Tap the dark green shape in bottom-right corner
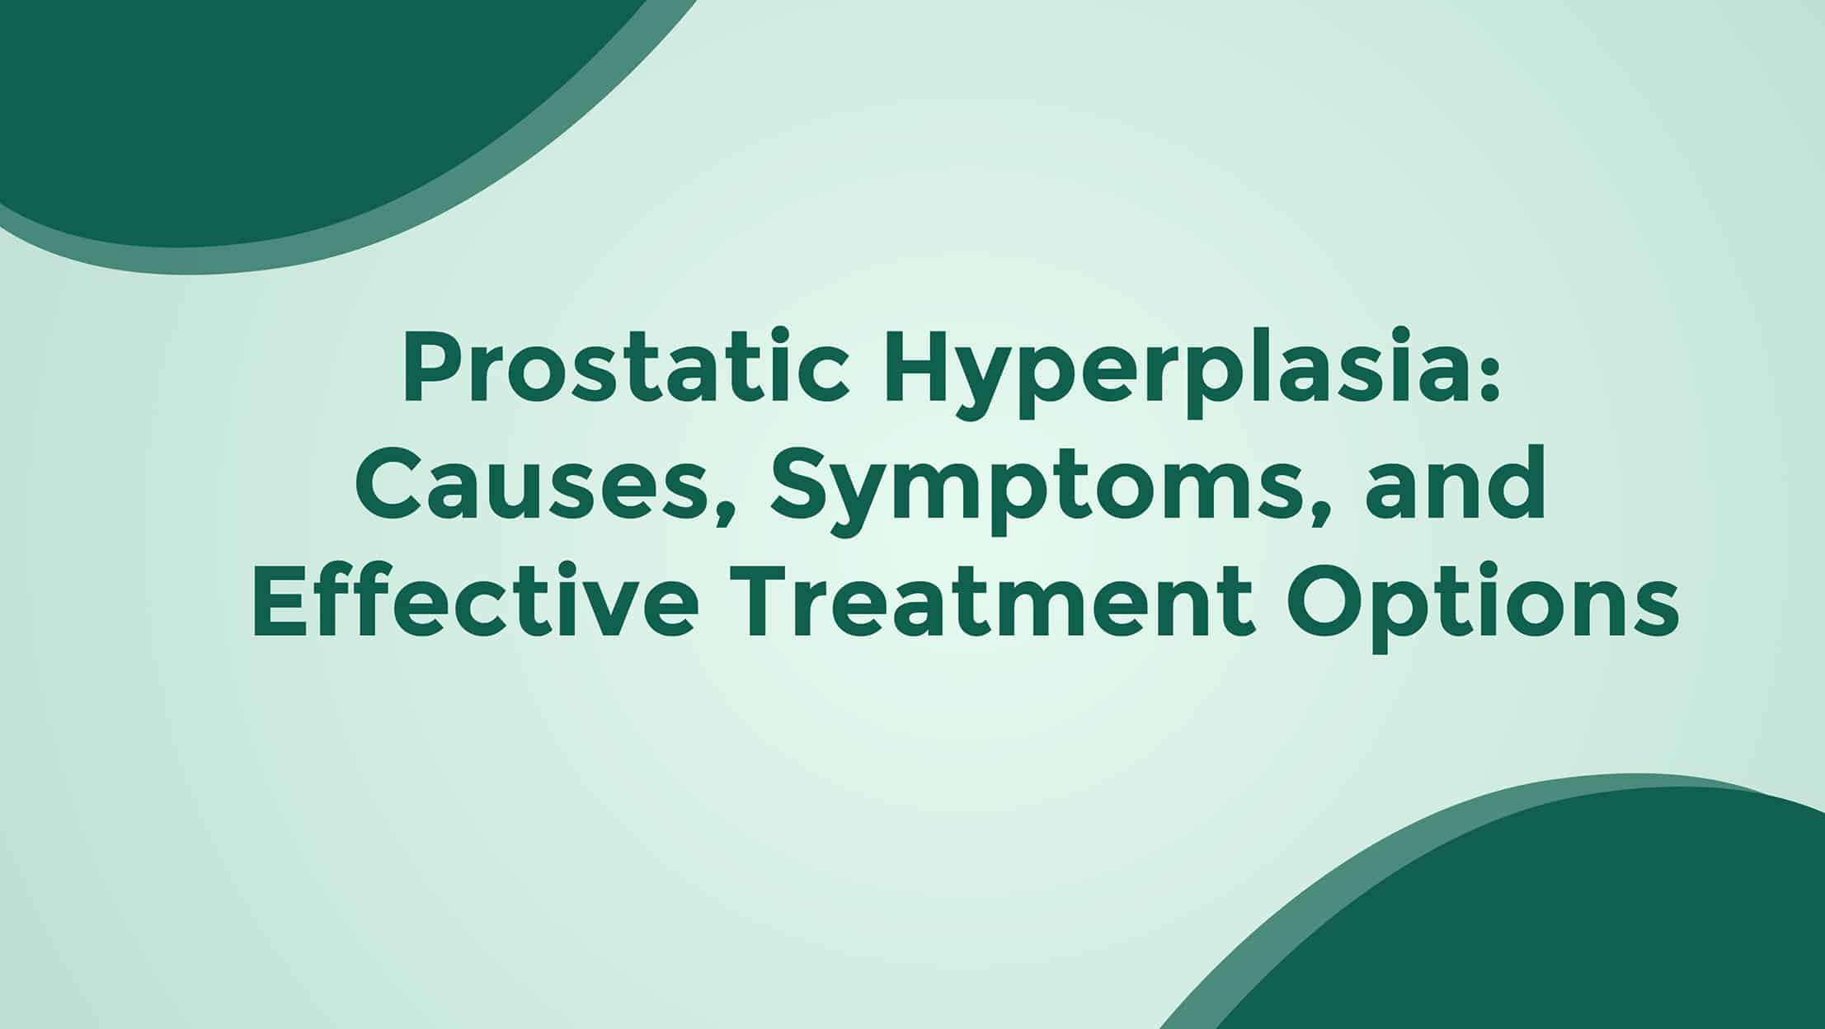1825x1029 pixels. (x=1567, y=923)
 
